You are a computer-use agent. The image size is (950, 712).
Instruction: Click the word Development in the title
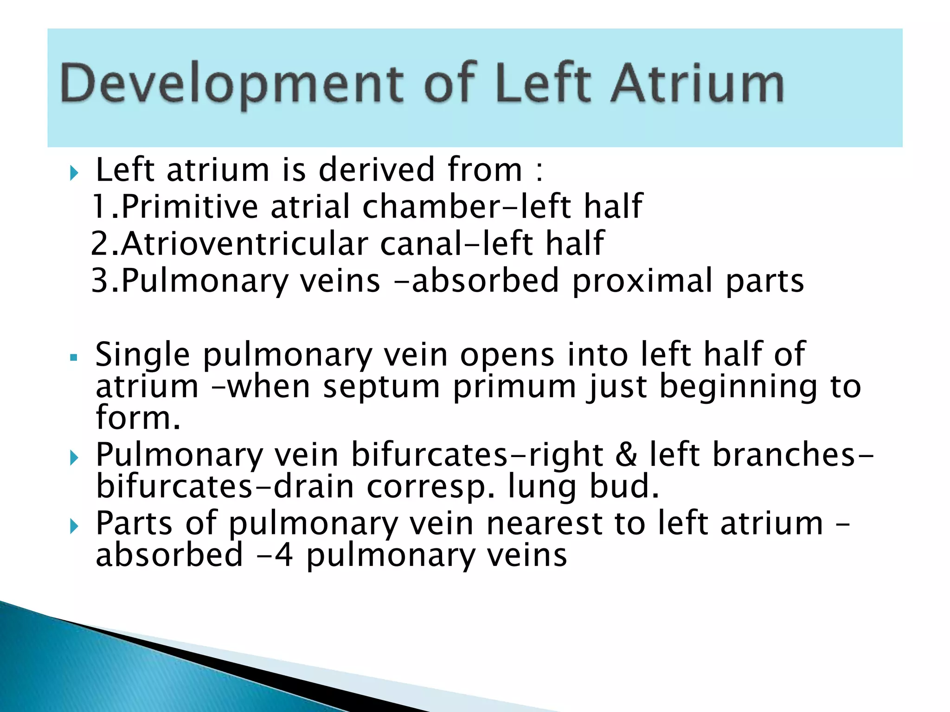click(x=232, y=83)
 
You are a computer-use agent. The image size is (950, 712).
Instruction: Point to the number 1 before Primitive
click(x=99, y=206)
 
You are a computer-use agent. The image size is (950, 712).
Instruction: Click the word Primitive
click(x=189, y=206)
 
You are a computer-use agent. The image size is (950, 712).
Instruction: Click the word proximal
click(x=642, y=280)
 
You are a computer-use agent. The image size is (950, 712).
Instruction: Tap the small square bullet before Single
click(x=73, y=357)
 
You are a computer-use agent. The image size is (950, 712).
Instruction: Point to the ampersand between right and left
click(x=626, y=454)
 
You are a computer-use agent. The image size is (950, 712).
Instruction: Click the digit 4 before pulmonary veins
click(x=283, y=555)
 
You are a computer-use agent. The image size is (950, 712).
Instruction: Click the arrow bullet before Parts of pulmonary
click(x=74, y=526)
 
